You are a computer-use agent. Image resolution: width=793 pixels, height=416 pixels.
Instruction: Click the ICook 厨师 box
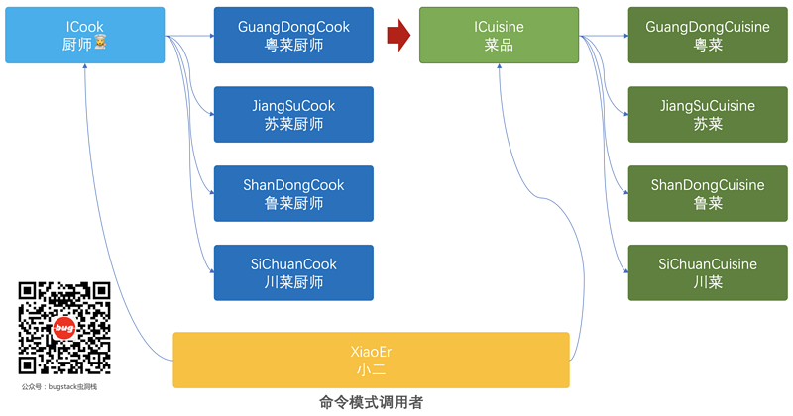tap(85, 36)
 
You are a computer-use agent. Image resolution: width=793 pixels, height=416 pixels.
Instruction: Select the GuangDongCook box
tap(293, 36)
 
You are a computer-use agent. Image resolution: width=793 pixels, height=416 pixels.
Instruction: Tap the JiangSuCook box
tap(293, 115)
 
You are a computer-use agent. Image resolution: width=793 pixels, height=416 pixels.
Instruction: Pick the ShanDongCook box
tap(293, 194)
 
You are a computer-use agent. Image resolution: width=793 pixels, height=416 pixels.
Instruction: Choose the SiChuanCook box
tap(293, 273)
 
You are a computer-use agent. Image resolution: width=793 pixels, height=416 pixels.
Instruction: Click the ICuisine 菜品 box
tap(500, 36)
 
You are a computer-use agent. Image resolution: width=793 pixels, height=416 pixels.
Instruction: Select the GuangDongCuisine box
tap(708, 36)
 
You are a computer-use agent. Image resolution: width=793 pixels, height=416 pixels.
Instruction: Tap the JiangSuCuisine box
tap(708, 115)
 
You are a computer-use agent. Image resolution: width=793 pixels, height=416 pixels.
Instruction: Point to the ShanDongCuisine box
tap(708, 194)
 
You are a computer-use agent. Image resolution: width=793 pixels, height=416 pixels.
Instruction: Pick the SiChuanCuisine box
tap(708, 273)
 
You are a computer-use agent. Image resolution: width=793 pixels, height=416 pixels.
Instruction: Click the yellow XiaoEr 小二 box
tap(371, 360)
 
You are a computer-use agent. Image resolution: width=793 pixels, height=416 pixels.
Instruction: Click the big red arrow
tap(397, 36)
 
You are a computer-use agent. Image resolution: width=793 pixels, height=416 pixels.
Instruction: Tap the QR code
tap(64, 328)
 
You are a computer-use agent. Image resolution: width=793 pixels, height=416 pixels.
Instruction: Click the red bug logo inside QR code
tap(64, 328)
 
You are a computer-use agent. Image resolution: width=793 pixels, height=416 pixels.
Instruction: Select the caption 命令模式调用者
tap(371, 402)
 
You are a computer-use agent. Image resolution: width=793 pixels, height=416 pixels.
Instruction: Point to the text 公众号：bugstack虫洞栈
tap(59, 386)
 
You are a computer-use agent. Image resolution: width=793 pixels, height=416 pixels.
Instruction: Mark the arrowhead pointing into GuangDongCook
tap(210, 36)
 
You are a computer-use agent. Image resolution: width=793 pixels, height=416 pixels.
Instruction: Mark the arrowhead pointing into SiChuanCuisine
tap(624, 273)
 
